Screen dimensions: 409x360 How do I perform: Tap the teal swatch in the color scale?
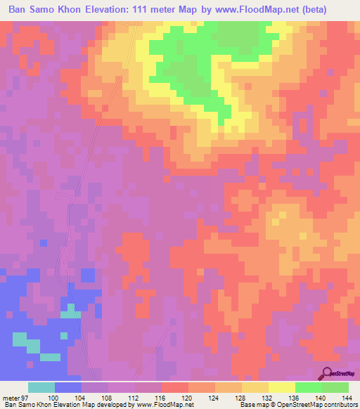point(41,388)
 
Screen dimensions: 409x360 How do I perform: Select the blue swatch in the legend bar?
point(68,388)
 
